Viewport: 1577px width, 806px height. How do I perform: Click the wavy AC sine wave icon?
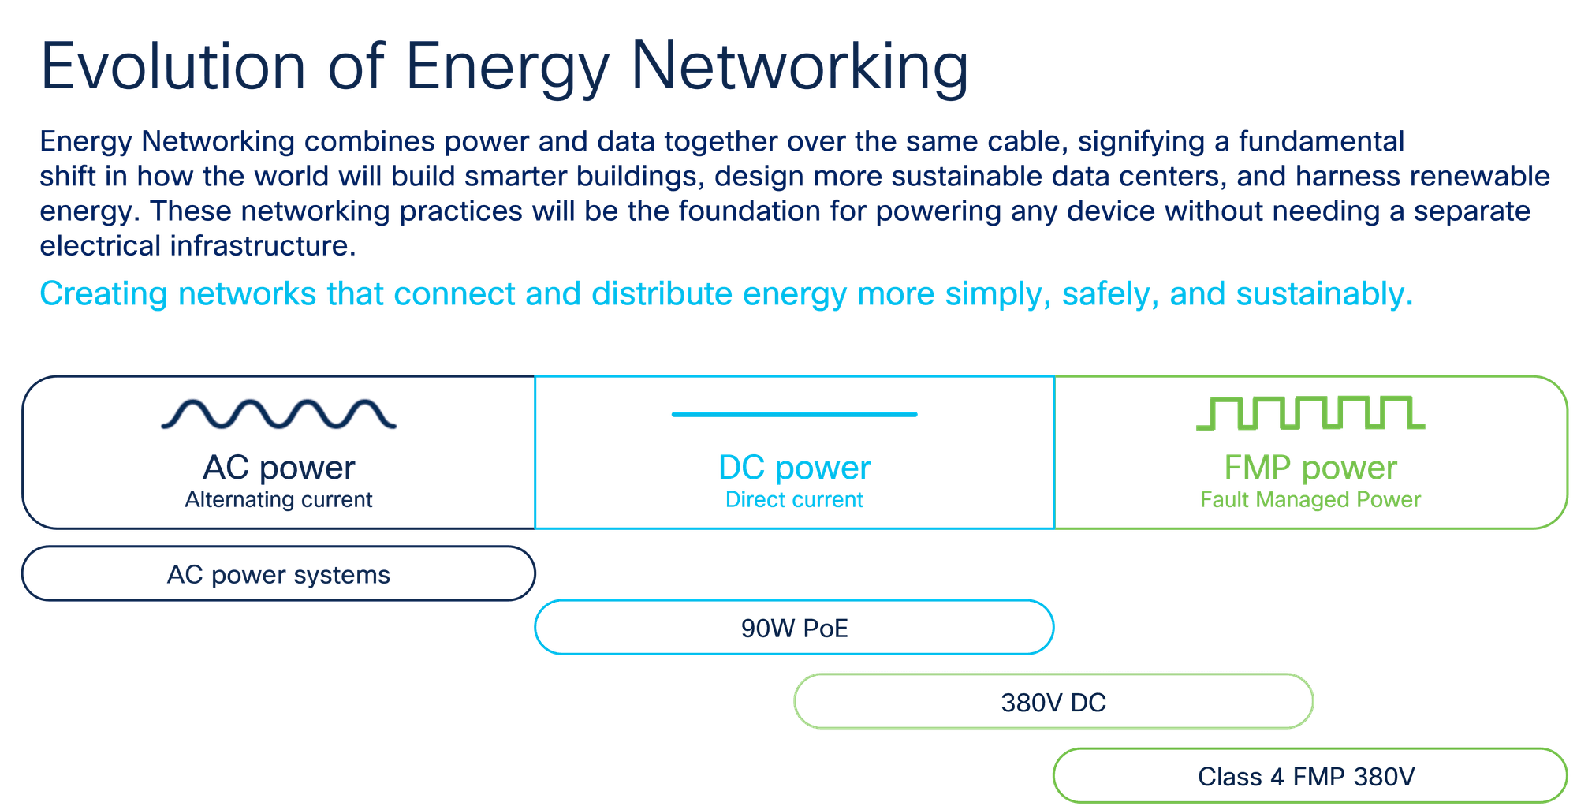point(278,414)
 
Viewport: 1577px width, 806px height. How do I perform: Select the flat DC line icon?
point(794,414)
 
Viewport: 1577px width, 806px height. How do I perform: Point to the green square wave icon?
point(1310,413)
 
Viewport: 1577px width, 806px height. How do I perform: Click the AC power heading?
point(278,468)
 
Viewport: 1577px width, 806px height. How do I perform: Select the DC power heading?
point(794,468)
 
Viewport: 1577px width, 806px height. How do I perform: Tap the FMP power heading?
point(1310,468)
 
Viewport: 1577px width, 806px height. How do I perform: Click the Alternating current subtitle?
point(278,500)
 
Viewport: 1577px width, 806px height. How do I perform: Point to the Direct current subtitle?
point(794,500)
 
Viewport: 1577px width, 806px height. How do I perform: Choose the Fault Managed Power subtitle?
point(1310,500)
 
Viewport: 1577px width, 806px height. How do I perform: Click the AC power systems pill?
point(278,574)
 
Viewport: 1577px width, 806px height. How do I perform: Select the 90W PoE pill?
point(794,628)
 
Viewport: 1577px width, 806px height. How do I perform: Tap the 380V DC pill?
point(1053,702)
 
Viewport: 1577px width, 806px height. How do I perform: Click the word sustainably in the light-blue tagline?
point(1324,294)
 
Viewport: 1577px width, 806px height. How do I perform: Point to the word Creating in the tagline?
point(103,294)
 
